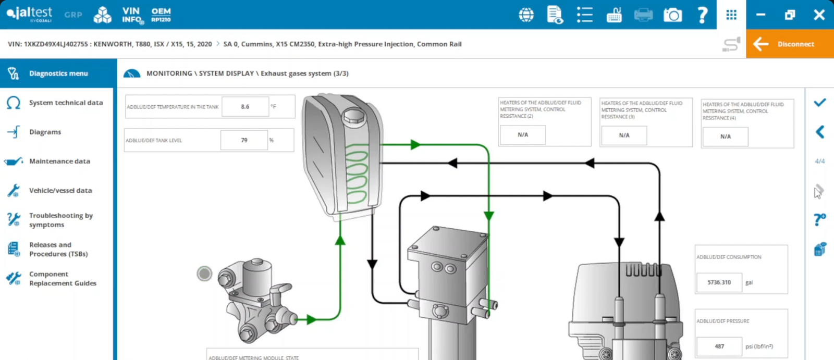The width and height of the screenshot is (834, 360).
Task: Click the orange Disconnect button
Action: (790, 44)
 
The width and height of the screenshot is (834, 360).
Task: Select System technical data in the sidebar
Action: (66, 103)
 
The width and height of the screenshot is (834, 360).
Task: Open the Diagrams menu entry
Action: (45, 132)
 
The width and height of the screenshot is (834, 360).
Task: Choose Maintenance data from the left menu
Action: (59, 161)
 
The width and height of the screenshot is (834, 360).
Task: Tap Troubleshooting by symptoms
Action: (60, 220)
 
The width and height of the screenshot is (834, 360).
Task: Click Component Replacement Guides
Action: (63, 279)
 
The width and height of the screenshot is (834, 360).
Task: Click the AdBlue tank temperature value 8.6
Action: (245, 107)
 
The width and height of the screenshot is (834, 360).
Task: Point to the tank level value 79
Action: (244, 140)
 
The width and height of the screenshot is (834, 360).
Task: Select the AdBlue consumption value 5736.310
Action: (719, 282)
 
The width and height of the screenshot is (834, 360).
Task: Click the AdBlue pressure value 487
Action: (719, 346)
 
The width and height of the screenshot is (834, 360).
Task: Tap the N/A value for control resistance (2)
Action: (523, 135)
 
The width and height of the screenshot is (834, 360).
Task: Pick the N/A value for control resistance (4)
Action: (725, 136)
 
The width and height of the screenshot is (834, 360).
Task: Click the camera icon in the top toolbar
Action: (672, 15)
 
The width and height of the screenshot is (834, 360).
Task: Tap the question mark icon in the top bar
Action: (702, 15)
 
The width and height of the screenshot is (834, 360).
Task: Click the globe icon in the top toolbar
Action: (526, 15)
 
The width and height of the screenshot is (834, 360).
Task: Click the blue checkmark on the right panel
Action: (819, 103)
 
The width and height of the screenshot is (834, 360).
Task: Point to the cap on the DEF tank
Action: (353, 115)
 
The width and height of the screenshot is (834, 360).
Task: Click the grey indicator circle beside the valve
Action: (204, 273)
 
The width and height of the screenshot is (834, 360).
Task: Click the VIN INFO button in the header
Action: (132, 15)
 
